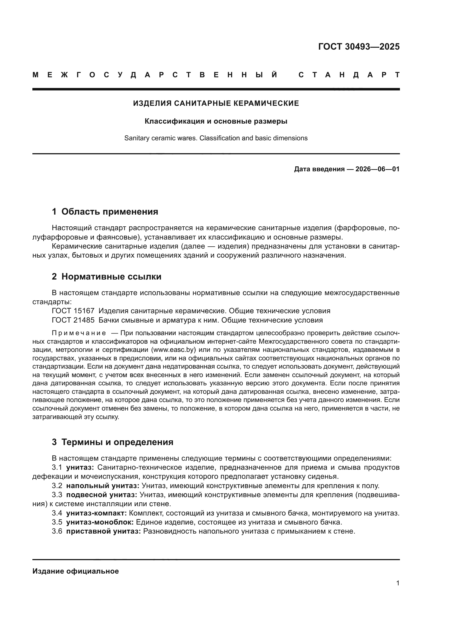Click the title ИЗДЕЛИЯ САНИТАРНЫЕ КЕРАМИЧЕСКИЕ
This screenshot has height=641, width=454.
(x=216, y=103)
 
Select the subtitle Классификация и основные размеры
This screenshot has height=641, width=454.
(x=216, y=121)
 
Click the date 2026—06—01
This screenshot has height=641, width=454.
(x=377, y=169)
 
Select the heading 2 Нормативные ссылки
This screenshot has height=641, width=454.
(x=107, y=277)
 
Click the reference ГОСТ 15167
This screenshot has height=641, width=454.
(x=73, y=311)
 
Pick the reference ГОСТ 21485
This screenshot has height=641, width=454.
(x=73, y=320)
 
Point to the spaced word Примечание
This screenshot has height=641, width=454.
(x=79, y=333)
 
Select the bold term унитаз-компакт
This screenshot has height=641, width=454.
(x=96, y=513)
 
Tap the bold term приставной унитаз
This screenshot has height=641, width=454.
(x=103, y=531)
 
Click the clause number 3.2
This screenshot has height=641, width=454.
(x=57, y=486)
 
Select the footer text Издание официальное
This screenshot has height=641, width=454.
(x=75, y=571)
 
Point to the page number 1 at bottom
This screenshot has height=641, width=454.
(x=397, y=583)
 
